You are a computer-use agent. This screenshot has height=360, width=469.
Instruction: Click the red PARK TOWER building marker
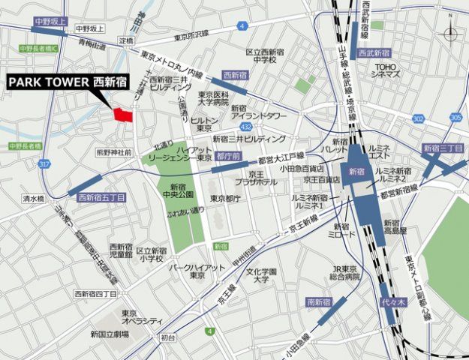click(x=122, y=115)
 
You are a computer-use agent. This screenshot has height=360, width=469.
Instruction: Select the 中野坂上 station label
click(x=50, y=22)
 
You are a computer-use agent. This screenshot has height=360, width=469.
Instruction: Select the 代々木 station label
click(x=384, y=304)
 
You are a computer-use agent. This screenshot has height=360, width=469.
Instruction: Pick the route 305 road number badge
click(x=456, y=118)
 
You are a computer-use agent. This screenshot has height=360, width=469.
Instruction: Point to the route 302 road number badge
click(x=418, y=119)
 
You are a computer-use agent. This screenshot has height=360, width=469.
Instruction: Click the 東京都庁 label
click(x=225, y=199)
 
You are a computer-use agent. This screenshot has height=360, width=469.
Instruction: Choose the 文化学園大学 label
click(x=262, y=275)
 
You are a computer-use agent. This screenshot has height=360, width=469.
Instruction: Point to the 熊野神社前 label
click(x=113, y=152)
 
